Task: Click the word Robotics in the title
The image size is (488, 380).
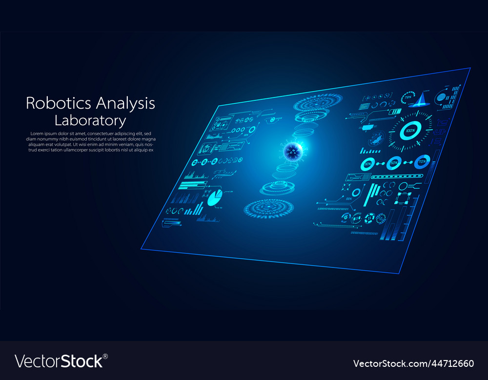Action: tap(59, 103)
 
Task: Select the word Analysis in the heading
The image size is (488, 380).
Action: tap(125, 104)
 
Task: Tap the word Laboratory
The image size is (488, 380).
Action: tap(90, 120)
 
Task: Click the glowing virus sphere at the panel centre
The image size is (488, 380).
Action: tap(293, 152)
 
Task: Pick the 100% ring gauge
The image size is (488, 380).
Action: tap(410, 131)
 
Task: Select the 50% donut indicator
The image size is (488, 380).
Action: tap(394, 163)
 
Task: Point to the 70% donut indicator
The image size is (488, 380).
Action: tap(422, 161)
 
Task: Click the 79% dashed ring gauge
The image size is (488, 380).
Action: tap(408, 97)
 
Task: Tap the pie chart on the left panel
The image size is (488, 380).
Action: tap(215, 198)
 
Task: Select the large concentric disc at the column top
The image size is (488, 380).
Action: tap(312, 103)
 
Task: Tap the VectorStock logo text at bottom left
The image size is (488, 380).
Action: tap(59, 361)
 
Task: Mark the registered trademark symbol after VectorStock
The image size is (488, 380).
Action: tap(105, 356)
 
